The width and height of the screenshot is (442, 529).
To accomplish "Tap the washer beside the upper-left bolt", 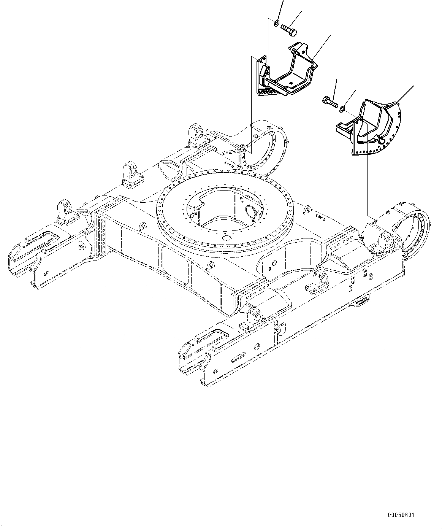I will tap(276, 24).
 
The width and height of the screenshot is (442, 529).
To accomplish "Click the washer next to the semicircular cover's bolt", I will tap(342, 109).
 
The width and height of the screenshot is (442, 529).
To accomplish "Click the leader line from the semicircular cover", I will tap(405, 94).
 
